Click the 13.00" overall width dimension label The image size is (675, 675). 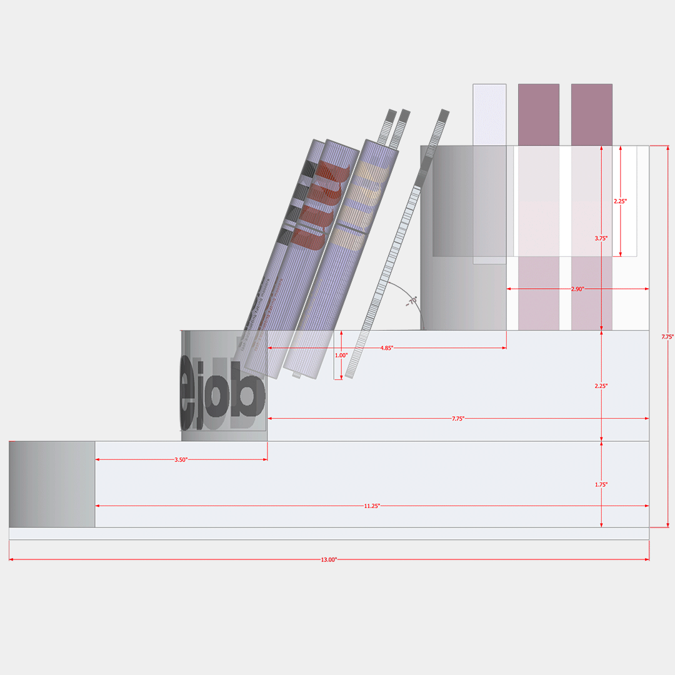(329, 559)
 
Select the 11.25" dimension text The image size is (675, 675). (371, 506)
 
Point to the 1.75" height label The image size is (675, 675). (601, 484)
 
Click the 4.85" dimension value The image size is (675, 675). (386, 347)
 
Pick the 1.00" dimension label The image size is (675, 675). (341, 355)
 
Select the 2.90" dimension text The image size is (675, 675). (577, 289)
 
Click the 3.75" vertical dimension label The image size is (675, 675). (601, 237)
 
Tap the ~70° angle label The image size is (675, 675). (411, 302)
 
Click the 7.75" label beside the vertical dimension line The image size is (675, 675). (667, 337)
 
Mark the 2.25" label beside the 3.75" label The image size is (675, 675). (620, 201)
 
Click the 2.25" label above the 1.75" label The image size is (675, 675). (601, 386)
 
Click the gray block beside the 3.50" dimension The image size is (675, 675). (52, 484)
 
